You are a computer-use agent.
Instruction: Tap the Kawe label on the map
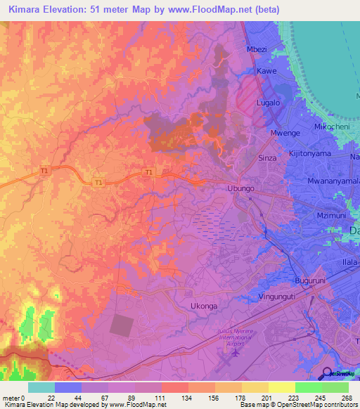pyautogui.click(x=266, y=72)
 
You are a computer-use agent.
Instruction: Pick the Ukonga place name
pyautogui.click(x=205, y=306)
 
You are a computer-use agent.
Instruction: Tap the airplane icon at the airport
pyautogui.click(x=234, y=355)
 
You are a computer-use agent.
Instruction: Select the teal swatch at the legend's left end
pyautogui.click(x=41, y=387)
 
